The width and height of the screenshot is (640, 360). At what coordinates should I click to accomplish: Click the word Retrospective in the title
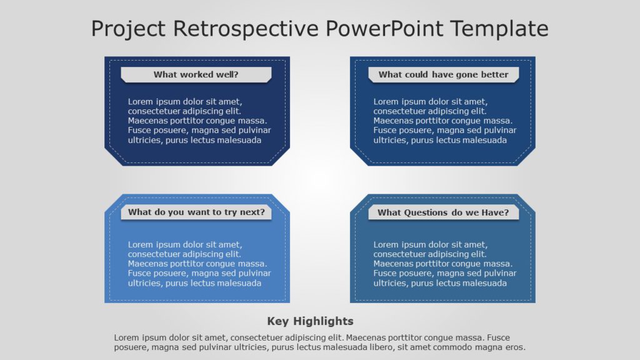247,29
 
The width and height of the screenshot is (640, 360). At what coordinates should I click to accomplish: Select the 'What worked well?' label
196,75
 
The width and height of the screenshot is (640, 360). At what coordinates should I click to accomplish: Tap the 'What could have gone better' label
443,75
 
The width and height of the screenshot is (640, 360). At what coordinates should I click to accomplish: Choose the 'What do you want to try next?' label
196,212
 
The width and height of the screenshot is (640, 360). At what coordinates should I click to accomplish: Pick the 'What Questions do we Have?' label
443,212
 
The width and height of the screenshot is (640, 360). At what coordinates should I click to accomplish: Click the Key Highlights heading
310,321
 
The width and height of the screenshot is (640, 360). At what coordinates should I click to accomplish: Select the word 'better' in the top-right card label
494,75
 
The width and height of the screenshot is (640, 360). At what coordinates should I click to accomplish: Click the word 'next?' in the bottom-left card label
252,212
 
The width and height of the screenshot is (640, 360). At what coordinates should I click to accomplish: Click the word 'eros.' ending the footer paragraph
514,347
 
